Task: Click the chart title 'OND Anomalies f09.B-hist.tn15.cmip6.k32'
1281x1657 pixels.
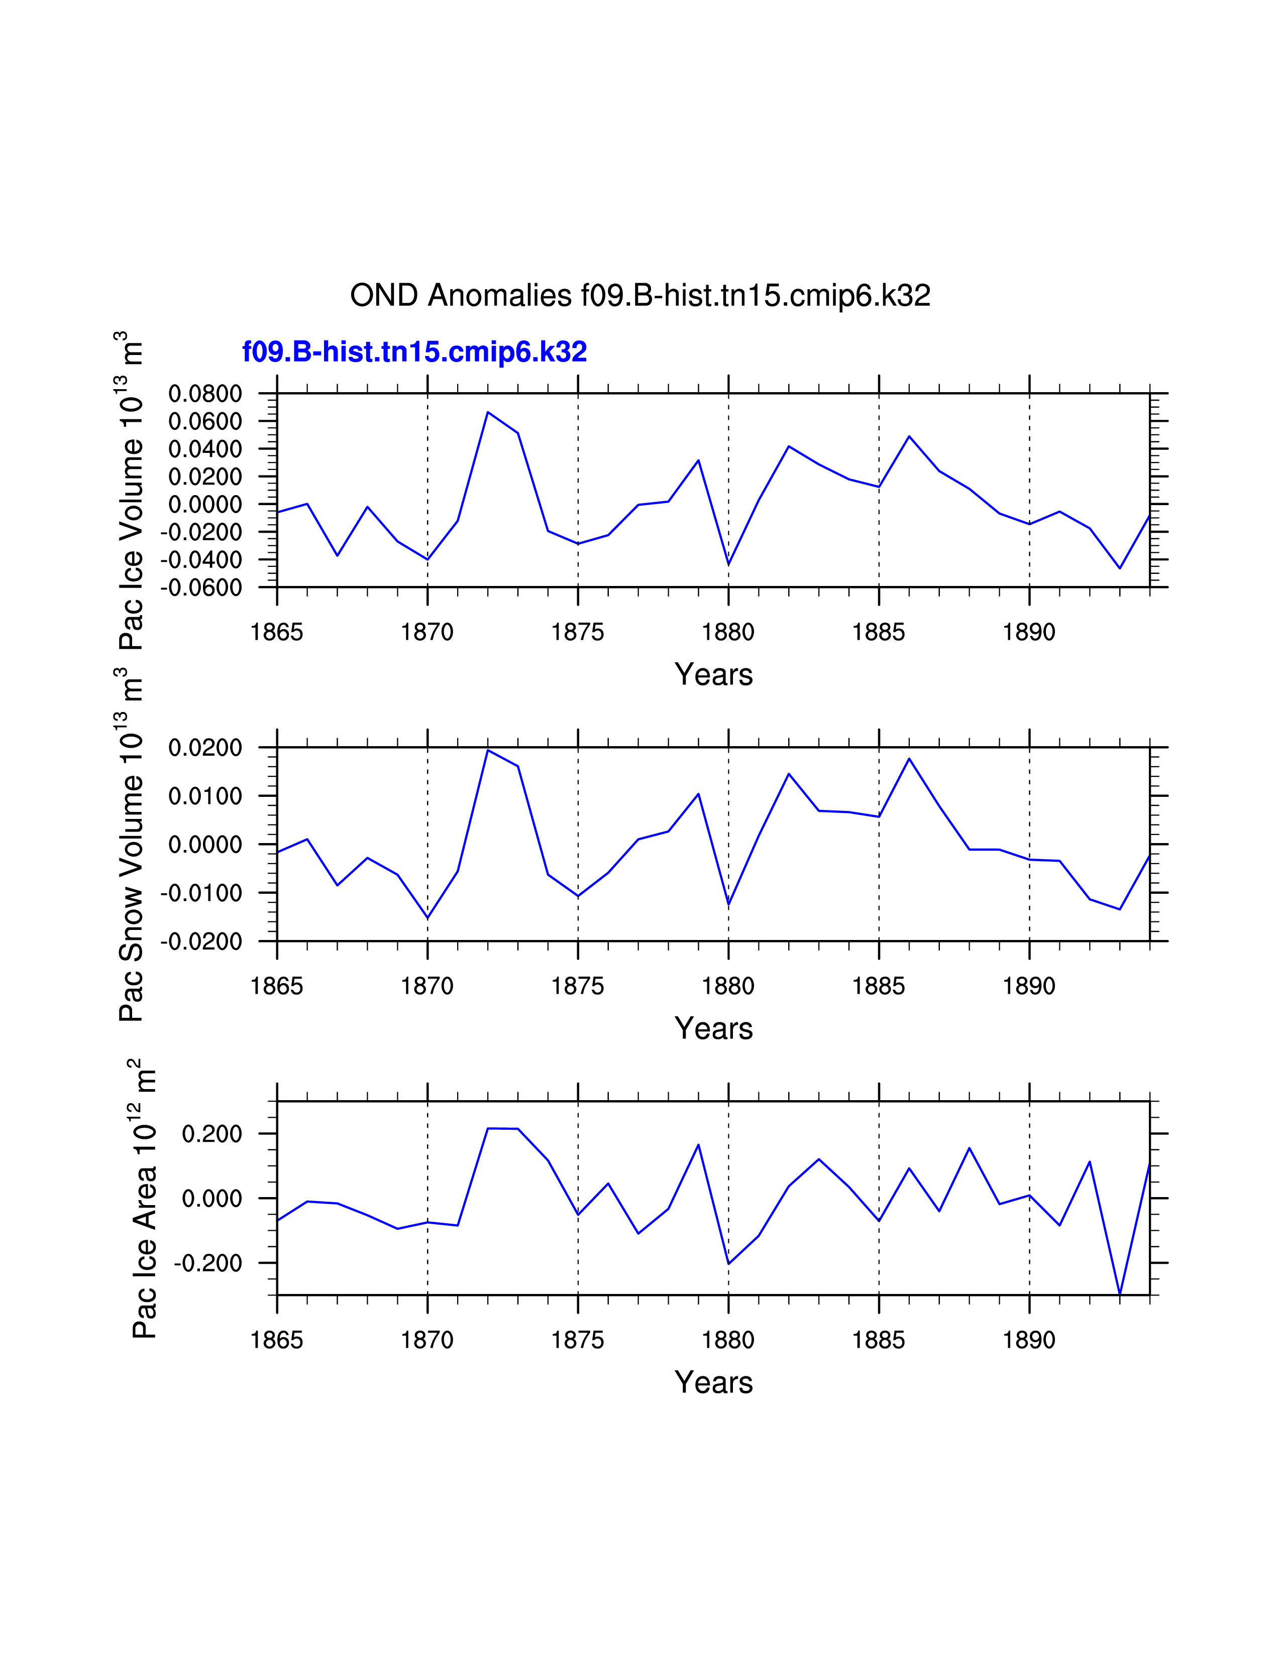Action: point(639,296)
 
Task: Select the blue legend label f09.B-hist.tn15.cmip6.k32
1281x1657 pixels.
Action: point(414,352)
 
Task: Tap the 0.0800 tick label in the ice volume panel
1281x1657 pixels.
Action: point(205,394)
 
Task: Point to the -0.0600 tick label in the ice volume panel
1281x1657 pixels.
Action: point(201,587)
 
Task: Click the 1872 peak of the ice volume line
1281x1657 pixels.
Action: point(488,412)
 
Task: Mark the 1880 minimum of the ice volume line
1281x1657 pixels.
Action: point(728,564)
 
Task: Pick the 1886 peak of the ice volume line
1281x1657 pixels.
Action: point(909,436)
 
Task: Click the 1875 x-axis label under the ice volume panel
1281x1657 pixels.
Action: point(578,632)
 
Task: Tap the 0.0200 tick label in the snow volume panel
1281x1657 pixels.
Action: point(205,748)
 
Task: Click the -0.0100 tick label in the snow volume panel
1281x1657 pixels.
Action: point(201,893)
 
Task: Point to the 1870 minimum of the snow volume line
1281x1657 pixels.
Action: point(428,918)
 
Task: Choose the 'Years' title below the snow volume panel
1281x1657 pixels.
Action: point(713,1029)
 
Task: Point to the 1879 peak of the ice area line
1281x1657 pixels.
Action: point(698,1145)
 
